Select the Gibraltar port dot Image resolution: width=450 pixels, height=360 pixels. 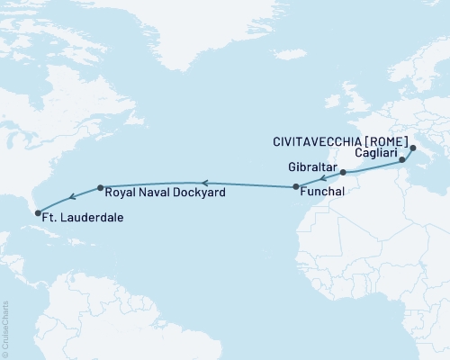pyautogui.click(x=344, y=172)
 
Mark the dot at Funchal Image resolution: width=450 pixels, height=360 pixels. pyautogui.click(x=295, y=187)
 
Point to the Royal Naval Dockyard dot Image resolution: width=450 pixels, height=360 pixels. pyautogui.click(x=99, y=188)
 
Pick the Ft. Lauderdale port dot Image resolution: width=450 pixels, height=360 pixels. pyautogui.click(x=38, y=213)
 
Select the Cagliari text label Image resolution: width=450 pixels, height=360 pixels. pyautogui.click(x=373, y=154)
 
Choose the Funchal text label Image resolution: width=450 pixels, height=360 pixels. pyautogui.click(x=320, y=192)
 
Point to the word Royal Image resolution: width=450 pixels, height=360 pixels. pyautogui.click(x=121, y=193)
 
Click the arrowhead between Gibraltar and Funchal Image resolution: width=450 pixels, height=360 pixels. pyautogui.click(x=324, y=178)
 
